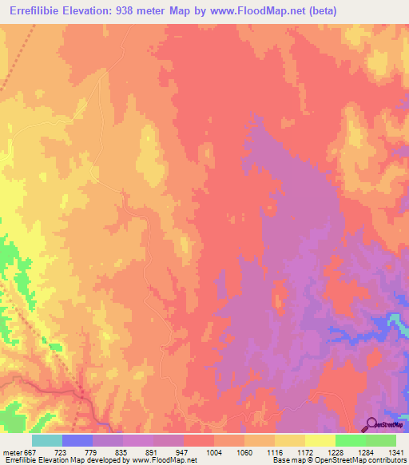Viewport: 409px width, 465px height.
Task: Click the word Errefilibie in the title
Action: coord(36,10)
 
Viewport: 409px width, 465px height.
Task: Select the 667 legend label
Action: coord(30,452)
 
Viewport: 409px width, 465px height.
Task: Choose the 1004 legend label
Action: coord(213,452)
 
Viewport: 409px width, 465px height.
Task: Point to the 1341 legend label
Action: coord(395,452)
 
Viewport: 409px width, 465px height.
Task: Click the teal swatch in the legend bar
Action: coord(47,440)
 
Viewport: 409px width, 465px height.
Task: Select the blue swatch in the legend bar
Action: coord(77,440)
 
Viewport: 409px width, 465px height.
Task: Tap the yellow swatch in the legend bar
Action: coord(320,440)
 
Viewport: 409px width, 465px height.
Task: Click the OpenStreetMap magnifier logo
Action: coord(371,426)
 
